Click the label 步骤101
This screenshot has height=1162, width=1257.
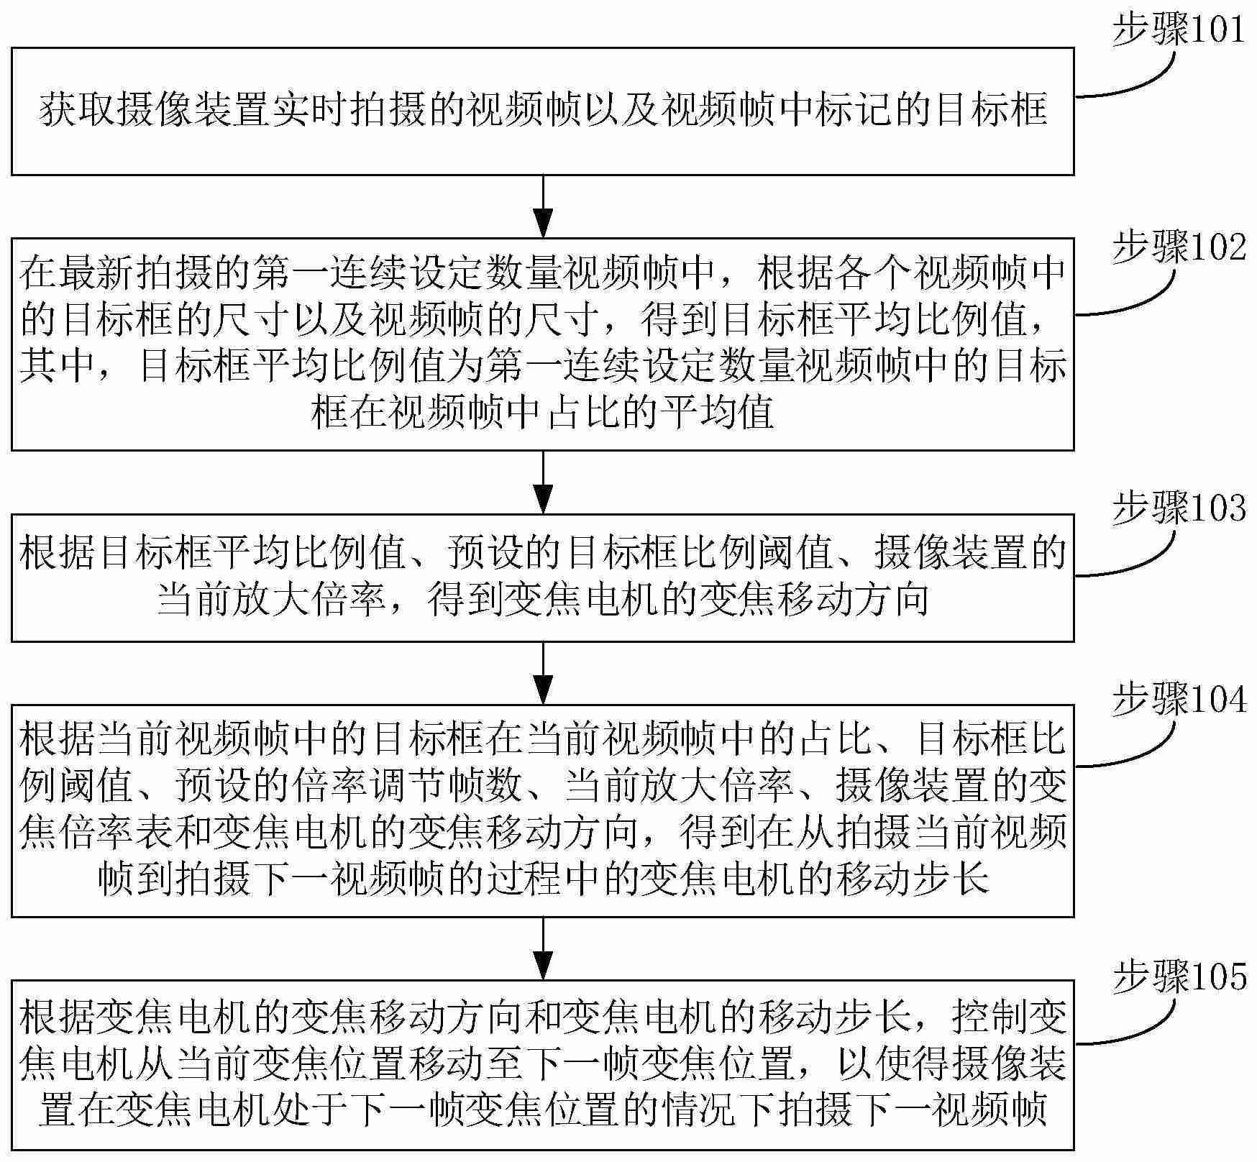(1179, 31)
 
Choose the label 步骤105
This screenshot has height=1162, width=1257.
(1179, 978)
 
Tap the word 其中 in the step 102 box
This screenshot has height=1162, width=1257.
(58, 365)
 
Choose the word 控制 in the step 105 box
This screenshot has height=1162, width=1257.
(989, 1018)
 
